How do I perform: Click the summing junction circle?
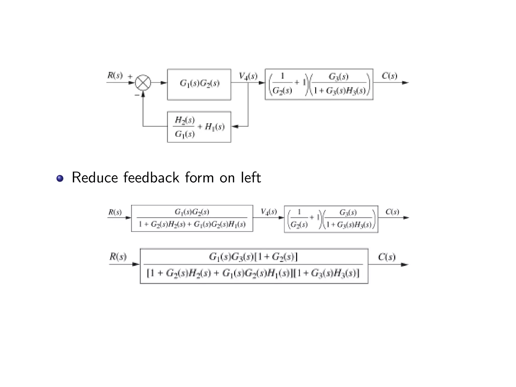(x=143, y=83)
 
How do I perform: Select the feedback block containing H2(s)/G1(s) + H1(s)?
(x=199, y=127)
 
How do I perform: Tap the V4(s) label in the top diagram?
(x=248, y=76)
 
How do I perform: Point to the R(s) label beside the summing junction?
(x=115, y=75)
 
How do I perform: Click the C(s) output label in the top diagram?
(x=389, y=76)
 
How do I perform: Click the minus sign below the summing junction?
(x=137, y=95)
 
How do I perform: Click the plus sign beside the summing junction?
(x=130, y=76)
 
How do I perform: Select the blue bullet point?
(x=60, y=178)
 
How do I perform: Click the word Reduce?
(x=95, y=178)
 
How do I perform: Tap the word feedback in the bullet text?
(x=151, y=178)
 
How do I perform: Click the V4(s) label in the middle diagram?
(x=269, y=212)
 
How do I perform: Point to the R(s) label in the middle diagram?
(x=115, y=212)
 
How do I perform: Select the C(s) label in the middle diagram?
(x=392, y=212)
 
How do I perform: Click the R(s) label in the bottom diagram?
(x=118, y=257)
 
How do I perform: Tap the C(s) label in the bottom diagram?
(x=387, y=257)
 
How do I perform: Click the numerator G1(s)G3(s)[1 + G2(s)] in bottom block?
(x=253, y=257)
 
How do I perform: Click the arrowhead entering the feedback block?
(x=235, y=126)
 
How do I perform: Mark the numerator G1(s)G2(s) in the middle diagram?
(x=192, y=212)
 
